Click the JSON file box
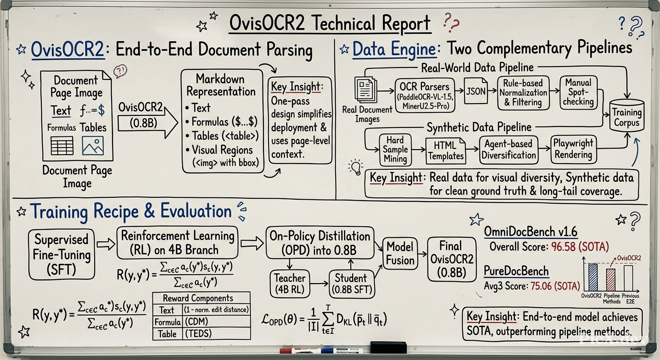[476, 91]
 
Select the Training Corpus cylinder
[626, 115]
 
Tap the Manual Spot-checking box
[578, 92]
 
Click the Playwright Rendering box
[573, 150]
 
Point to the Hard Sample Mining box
[395, 150]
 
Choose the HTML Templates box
[446, 151]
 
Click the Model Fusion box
[400, 254]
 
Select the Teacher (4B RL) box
[290, 284]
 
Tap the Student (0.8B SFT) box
[352, 284]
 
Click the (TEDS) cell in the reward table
[216, 333]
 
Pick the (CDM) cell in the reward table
[216, 322]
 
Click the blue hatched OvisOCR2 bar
[593, 277]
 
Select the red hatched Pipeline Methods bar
[611, 280]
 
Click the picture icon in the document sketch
[93, 145]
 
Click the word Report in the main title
[406, 23]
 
